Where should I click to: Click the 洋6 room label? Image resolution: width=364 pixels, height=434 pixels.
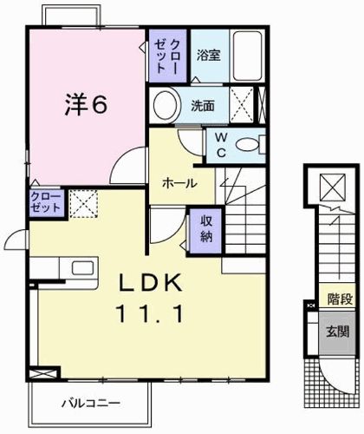click(x=86, y=104)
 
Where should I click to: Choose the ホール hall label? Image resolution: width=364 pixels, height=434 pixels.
click(x=178, y=184)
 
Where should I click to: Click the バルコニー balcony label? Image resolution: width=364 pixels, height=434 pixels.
click(x=90, y=403)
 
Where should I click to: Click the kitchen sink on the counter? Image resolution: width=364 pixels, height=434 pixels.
click(x=81, y=267)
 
